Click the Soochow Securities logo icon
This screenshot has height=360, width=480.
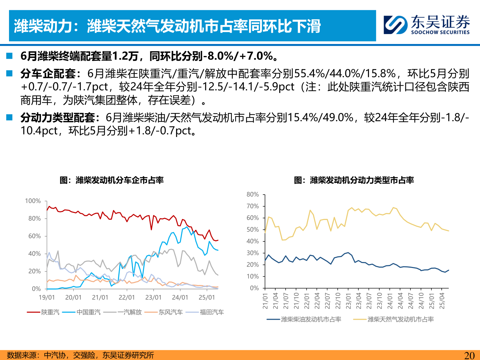pos(395,25)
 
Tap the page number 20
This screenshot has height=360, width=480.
pos(469,355)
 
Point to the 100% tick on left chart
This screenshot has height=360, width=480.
pos(33,201)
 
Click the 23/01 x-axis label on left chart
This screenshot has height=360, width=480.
pos(153,297)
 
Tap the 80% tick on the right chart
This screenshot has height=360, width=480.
pos(253,194)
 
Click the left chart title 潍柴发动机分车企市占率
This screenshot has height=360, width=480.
pos(112,180)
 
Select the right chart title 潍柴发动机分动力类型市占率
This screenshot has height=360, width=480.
pos(354,180)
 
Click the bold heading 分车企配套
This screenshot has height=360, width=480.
pos(48,73)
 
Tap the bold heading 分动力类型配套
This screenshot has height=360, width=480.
pos(58,117)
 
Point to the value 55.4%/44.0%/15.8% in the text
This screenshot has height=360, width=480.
pos(345,73)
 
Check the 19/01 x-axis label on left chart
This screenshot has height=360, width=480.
pos(47,297)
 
